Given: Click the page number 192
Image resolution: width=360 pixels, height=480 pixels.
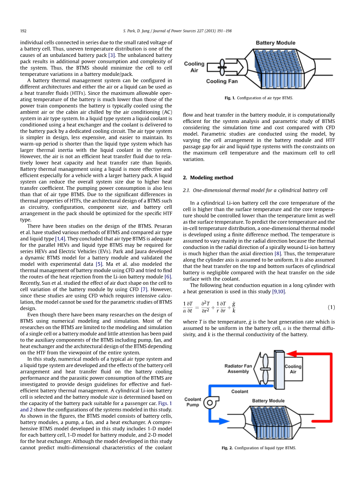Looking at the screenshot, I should coord(23,31).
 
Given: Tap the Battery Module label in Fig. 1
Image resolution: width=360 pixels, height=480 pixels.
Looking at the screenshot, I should coord(275,43).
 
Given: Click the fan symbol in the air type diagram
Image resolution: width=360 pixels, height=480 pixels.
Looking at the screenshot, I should coord(222,67).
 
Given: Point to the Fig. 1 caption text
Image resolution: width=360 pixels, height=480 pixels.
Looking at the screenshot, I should coord(259,98).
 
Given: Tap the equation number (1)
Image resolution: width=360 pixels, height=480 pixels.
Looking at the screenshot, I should coord(331,307).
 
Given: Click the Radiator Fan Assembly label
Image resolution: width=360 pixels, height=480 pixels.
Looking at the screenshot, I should coord(238,369).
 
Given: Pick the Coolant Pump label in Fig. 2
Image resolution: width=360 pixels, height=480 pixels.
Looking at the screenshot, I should coord(193,402).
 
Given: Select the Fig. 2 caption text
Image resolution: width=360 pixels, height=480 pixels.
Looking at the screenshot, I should coord(259,448).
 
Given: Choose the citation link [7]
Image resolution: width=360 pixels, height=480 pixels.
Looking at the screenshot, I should coord(144,289).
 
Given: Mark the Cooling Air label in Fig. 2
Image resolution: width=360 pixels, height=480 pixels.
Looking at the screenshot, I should coord(293,369).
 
